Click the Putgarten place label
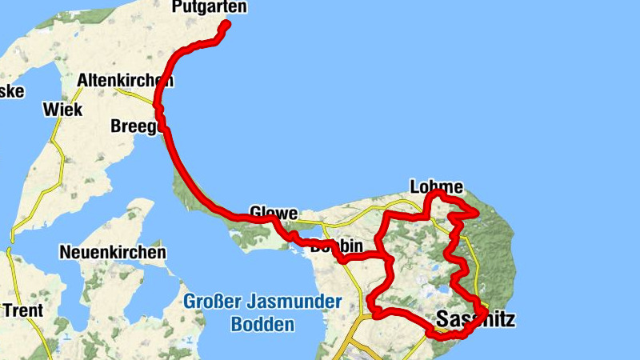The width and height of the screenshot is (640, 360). [x=209, y=8]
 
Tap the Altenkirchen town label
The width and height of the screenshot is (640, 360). [x=125, y=81]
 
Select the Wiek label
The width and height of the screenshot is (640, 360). [x=62, y=110]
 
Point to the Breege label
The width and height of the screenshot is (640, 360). [x=135, y=126]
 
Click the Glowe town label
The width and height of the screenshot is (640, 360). [x=274, y=214]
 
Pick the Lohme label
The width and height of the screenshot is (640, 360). [x=436, y=186]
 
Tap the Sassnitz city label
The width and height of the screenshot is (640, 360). [x=475, y=320]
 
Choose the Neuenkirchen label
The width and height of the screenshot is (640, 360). [x=113, y=253]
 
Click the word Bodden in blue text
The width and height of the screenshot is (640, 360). [x=262, y=325]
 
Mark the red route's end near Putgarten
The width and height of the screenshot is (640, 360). [x=226, y=25]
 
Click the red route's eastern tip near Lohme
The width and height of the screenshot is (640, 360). [x=477, y=213]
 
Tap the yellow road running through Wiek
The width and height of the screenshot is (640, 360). [x=54, y=136]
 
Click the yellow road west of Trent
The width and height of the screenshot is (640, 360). [x=10, y=264]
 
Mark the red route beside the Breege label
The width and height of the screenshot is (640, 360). [x=163, y=126]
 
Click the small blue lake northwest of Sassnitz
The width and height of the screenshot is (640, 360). [x=440, y=290]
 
